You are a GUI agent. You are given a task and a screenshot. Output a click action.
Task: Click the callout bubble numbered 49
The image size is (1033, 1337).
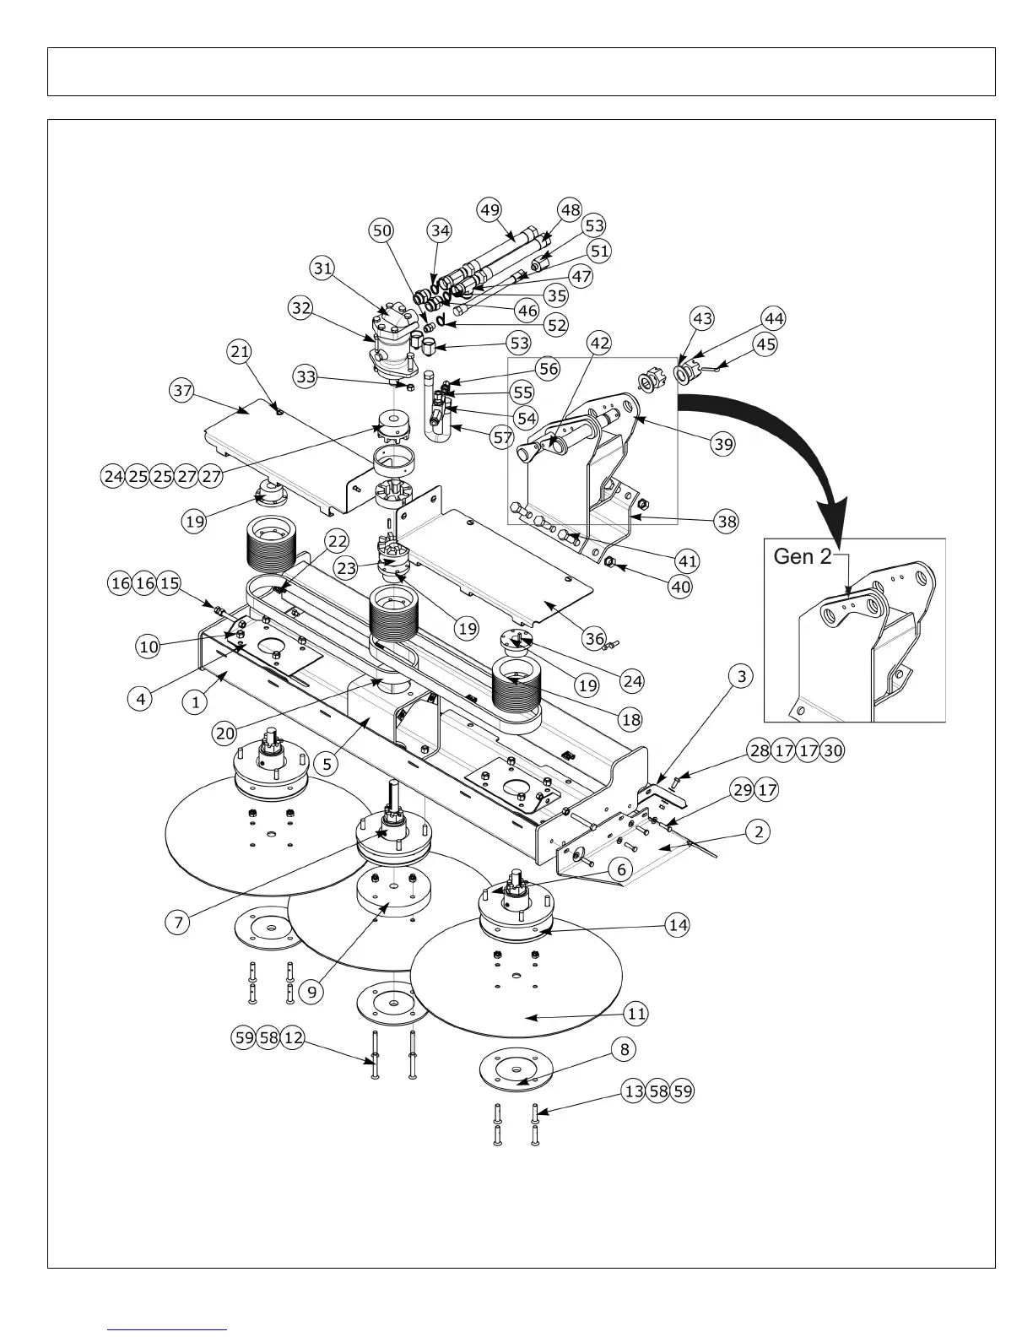tap(489, 209)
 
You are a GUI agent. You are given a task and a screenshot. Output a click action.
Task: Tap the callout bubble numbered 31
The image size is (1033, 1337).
tap(322, 268)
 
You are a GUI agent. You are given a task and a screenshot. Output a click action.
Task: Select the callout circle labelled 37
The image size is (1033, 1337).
tap(181, 391)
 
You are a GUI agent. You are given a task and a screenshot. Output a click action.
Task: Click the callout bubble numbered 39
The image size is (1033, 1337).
tap(723, 444)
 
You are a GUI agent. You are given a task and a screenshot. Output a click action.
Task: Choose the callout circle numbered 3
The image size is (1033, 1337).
tap(740, 676)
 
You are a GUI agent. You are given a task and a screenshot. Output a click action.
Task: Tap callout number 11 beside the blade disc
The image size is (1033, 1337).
tap(636, 1012)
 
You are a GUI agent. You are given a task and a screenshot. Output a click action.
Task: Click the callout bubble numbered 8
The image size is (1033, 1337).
tap(625, 1049)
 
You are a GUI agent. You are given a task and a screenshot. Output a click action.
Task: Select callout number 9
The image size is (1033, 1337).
tap(312, 992)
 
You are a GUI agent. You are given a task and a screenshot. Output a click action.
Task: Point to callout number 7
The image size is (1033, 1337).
tap(178, 923)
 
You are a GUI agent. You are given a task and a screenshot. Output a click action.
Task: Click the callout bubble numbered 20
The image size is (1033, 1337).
tap(224, 733)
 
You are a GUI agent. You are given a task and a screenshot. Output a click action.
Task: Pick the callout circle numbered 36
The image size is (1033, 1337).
tap(594, 639)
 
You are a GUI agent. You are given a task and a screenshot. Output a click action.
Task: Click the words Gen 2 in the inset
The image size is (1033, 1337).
tap(802, 557)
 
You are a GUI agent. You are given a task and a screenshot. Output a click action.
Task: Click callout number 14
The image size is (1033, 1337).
tap(678, 925)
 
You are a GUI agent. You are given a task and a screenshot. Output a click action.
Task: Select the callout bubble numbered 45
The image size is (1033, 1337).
tap(765, 344)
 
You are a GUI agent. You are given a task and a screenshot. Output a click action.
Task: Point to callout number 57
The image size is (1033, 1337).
tap(502, 437)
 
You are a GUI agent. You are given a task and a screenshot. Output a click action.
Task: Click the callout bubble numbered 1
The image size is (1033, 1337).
tap(195, 701)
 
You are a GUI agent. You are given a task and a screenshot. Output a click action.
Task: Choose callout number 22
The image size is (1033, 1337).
tap(338, 541)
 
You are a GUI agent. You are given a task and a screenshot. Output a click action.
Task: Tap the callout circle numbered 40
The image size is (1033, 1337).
tap(680, 587)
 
